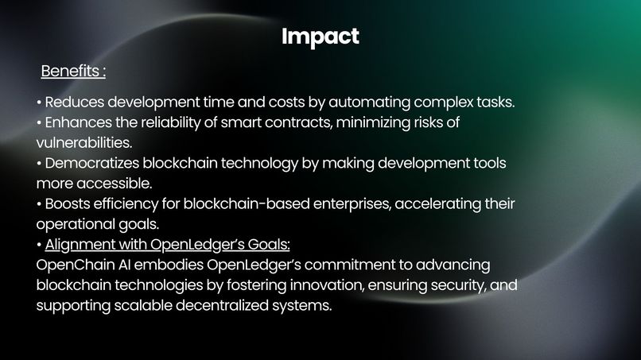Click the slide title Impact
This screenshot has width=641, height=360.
click(x=320, y=37)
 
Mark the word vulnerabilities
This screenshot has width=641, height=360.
click(x=83, y=143)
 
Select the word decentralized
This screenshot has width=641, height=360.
click(x=225, y=304)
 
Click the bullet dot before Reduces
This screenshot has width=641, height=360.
click(x=39, y=104)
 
